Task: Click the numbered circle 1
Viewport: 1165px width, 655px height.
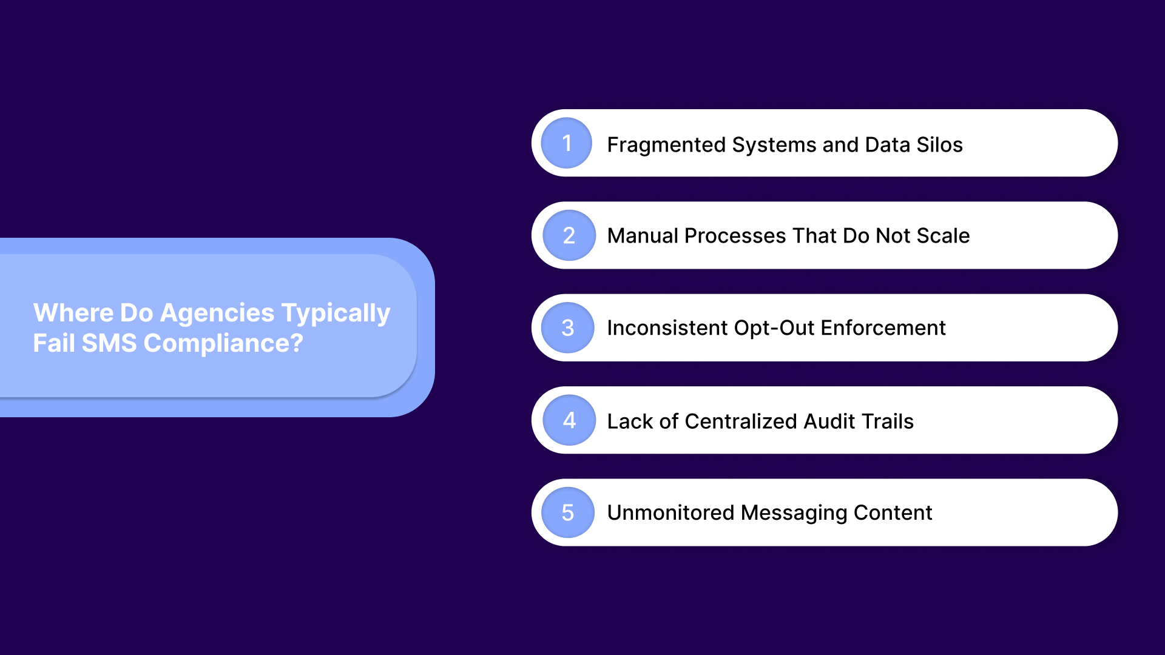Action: (566, 143)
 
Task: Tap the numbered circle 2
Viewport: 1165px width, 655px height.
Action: (569, 235)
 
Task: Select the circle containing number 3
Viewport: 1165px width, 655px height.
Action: (567, 328)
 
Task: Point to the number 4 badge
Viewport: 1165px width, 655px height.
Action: (569, 420)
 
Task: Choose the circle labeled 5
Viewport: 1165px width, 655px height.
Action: (567, 512)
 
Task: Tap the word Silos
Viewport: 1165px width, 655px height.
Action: (939, 145)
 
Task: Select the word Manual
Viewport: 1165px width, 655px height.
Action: (642, 235)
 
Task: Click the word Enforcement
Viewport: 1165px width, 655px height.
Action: (883, 328)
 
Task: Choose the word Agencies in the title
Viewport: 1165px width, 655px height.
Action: (217, 313)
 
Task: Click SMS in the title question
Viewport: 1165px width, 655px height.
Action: (109, 343)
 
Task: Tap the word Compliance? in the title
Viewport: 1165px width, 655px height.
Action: (223, 344)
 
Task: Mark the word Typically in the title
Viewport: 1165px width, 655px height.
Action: (336, 314)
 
